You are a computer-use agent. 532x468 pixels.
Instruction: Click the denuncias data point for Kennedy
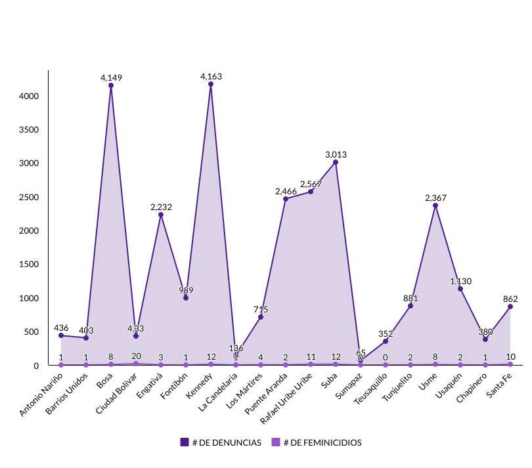pyautogui.click(x=211, y=84)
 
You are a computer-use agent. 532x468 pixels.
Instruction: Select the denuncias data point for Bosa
pyautogui.click(x=111, y=85)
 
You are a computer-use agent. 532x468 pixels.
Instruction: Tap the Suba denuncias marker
pyautogui.click(x=336, y=162)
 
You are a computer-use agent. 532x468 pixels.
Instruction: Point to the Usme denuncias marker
pyautogui.click(x=435, y=205)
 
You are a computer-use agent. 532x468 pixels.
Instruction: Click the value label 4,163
pyautogui.click(x=211, y=76)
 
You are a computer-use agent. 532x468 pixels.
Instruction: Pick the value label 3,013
pyautogui.click(x=336, y=154)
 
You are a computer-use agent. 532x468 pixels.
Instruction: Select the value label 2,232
pyautogui.click(x=161, y=207)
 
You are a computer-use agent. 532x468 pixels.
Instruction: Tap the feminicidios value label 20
pyautogui.click(x=136, y=356)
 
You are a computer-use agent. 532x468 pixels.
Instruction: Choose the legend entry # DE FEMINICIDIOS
pyautogui.click(x=322, y=442)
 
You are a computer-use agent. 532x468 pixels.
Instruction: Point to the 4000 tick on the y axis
pyautogui.click(x=30, y=96)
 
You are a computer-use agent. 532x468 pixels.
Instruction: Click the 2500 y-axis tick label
pyautogui.click(x=30, y=197)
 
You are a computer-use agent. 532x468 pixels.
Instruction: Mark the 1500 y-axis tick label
pyautogui.click(x=30, y=265)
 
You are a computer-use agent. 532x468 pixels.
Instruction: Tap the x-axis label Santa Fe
pyautogui.click(x=500, y=385)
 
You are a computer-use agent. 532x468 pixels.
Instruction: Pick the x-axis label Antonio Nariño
pyautogui.click(x=42, y=394)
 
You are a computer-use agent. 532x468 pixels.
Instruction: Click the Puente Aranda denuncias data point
pyautogui.click(x=286, y=199)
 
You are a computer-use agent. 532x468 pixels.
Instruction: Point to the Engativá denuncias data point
pyautogui.click(x=161, y=215)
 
